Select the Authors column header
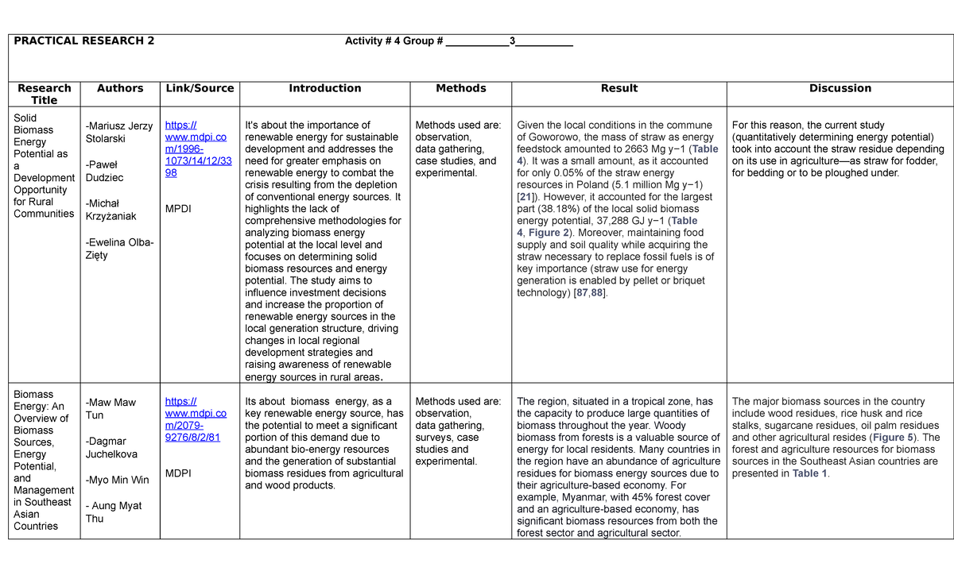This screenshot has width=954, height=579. pyautogui.click(x=120, y=88)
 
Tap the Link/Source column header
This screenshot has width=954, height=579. pyautogui.click(x=200, y=88)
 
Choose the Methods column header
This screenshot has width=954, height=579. pyautogui.click(x=461, y=88)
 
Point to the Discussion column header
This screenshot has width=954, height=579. pyautogui.click(x=840, y=88)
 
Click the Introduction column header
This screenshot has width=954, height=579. pyautogui.click(x=324, y=88)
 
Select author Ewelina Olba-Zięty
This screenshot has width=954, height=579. pyautogui.click(x=119, y=249)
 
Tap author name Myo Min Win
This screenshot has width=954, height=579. pyautogui.click(x=117, y=480)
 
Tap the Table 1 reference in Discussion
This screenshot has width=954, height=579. pyautogui.click(x=810, y=473)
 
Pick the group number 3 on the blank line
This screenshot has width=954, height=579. pyautogui.click(x=513, y=41)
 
